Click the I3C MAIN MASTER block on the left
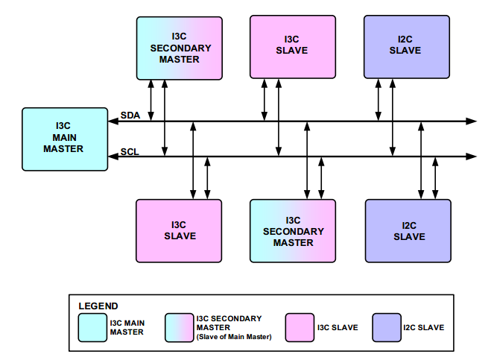(63, 137)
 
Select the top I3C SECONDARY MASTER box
(180, 48)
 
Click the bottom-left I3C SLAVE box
(179, 230)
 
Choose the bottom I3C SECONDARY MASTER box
(293, 231)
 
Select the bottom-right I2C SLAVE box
(408, 230)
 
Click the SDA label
(130, 115)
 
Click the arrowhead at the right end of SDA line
(471, 121)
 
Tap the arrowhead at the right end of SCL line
(471, 157)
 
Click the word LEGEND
(98, 306)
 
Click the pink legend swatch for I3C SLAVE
(300, 327)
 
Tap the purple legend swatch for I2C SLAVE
(386, 327)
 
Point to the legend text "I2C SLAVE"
(423, 327)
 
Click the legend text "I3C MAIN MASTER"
(127, 327)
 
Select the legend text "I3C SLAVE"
(338, 327)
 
